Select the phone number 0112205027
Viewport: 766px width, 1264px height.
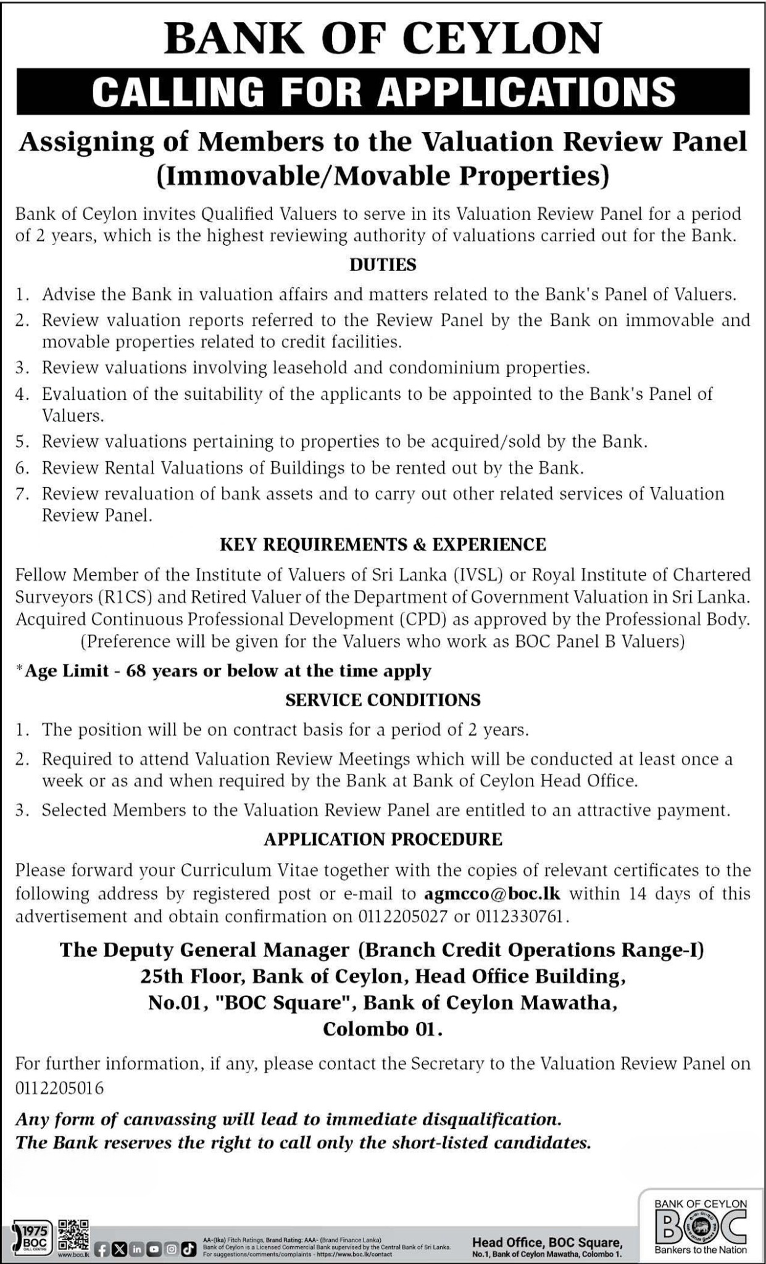pos(402,917)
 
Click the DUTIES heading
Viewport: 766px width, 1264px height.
pos(383,265)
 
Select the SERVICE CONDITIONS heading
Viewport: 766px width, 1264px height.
pos(383,699)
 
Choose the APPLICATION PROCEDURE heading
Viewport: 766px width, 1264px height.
pos(383,839)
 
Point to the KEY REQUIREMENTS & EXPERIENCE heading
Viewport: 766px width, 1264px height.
pos(383,544)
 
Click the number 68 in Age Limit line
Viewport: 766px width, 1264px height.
pos(135,670)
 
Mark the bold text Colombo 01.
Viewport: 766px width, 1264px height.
pos(383,1029)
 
